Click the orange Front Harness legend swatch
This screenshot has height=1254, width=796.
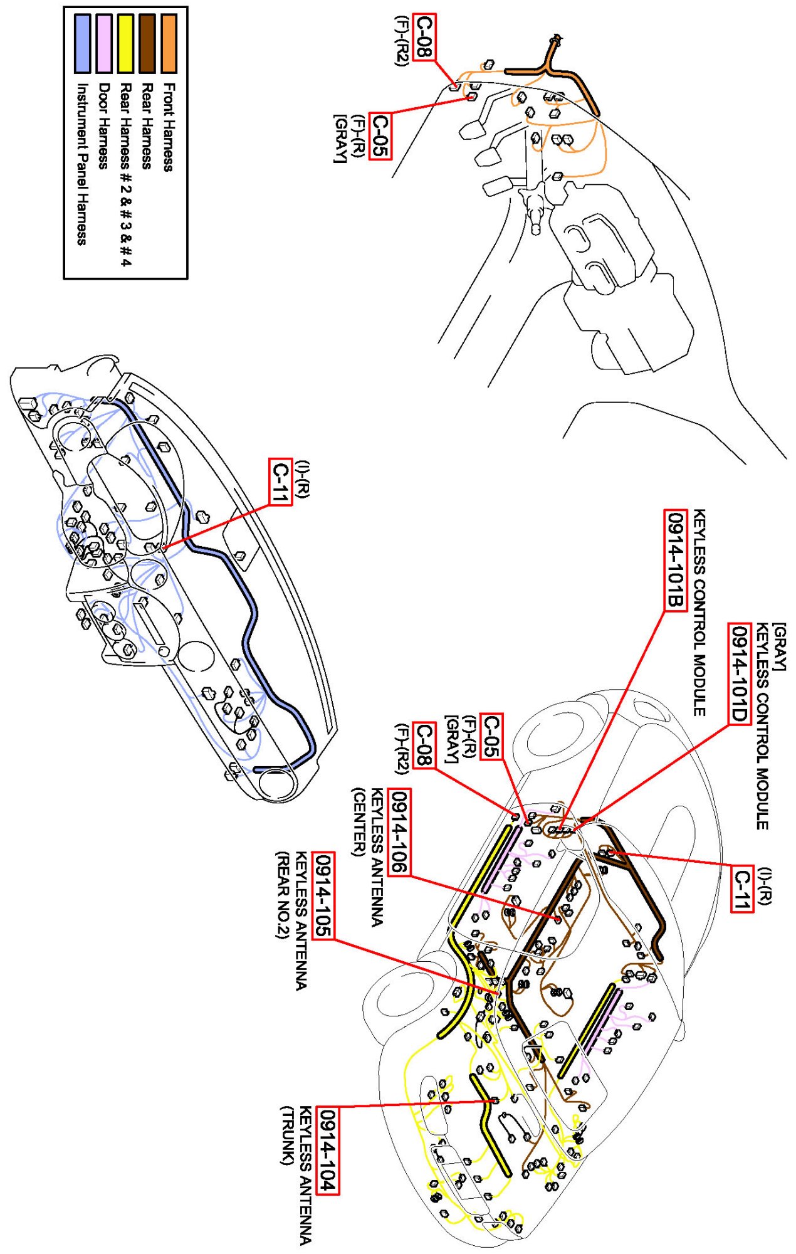[x=169, y=43]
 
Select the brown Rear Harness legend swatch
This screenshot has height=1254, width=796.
[x=147, y=43]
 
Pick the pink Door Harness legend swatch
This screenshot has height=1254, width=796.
[x=104, y=43]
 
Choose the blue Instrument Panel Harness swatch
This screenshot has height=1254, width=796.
[x=82, y=43]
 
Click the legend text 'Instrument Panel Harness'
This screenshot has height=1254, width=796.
[x=81, y=164]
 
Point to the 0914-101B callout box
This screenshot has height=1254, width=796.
[x=676, y=560]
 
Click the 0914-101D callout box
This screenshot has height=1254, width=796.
[x=739, y=673]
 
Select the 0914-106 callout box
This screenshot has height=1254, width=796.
[x=399, y=831]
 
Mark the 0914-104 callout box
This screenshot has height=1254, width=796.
[x=328, y=1151]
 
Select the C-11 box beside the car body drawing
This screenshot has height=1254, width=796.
[x=742, y=888]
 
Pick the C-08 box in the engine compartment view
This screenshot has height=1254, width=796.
[x=424, y=38]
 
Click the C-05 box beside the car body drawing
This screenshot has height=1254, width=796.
[x=491, y=736]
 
